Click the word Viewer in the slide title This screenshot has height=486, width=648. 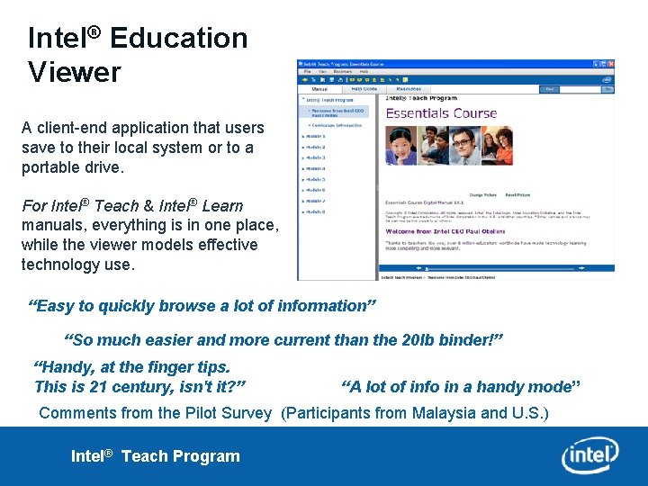click(74, 72)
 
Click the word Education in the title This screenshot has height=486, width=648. click(178, 38)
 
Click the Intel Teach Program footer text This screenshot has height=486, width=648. click(156, 455)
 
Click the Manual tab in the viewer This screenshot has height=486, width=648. click(319, 89)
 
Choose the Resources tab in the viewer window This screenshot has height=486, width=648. click(408, 89)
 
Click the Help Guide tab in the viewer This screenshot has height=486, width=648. click(364, 89)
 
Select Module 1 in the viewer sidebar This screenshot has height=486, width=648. click(315, 136)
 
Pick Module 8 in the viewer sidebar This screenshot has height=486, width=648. click(315, 211)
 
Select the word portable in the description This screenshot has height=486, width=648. click(51, 167)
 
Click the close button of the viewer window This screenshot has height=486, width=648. click(610, 64)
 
